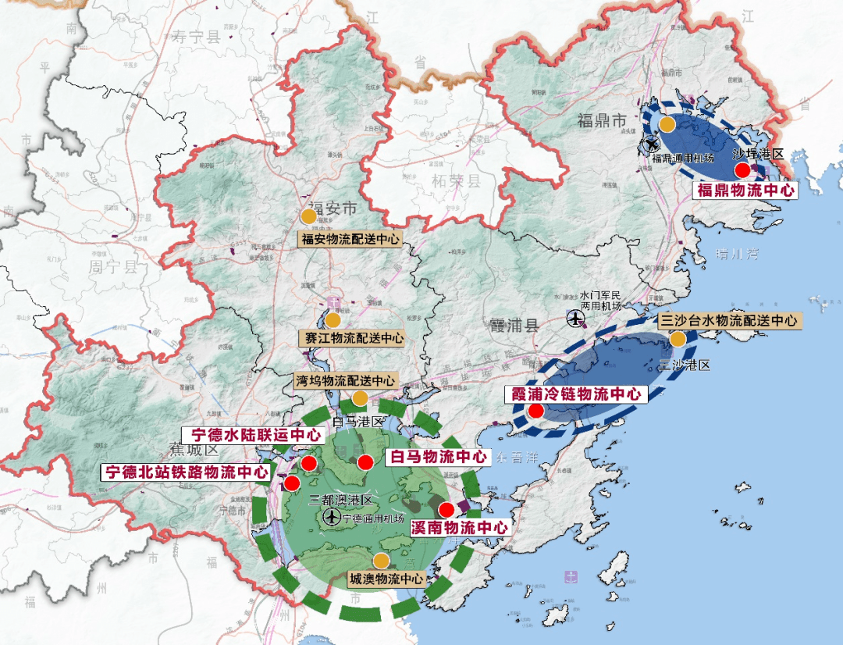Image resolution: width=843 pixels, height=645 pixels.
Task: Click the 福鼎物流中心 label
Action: tap(745, 190)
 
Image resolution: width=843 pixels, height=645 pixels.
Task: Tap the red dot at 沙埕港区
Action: tap(742, 170)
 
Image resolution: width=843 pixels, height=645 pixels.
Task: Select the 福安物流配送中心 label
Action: tap(350, 239)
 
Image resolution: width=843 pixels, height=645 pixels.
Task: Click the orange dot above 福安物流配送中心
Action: tap(309, 216)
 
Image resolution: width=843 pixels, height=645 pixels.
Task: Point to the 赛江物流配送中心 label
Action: tap(352, 338)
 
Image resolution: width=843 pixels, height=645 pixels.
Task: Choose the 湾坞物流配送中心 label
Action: tap(344, 380)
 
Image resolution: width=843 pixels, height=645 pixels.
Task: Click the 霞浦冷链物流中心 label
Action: tap(576, 394)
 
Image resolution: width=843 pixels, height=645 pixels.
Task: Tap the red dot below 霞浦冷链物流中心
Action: tap(535, 411)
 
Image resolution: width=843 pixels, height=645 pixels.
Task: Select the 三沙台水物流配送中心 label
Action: tap(728, 321)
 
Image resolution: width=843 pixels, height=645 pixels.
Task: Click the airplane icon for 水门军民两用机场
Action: tap(575, 318)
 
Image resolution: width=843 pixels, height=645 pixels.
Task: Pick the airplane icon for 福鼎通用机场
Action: tap(651, 144)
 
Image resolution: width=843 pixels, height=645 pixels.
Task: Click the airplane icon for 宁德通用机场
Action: tap(331, 517)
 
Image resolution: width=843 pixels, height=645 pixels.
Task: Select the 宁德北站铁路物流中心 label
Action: tap(187, 472)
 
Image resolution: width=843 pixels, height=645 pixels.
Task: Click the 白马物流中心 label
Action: tap(437, 456)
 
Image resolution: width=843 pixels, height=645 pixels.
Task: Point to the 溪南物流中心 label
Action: tap(459, 528)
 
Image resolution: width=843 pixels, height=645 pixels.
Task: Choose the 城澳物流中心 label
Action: tap(386, 579)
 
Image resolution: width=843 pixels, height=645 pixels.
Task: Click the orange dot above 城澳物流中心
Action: tap(381, 561)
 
